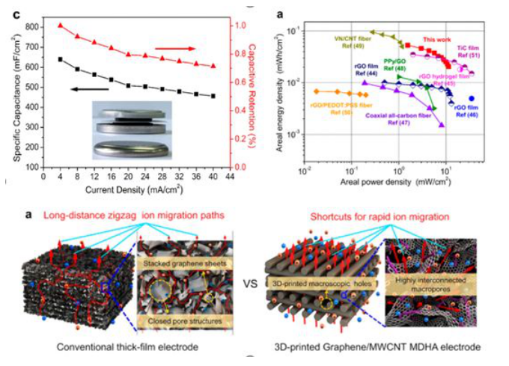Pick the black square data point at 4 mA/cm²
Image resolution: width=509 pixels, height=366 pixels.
pos(60,59)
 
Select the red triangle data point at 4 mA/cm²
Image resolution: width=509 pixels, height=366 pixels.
pos(60,25)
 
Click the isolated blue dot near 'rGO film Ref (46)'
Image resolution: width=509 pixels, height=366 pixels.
pos(472,98)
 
